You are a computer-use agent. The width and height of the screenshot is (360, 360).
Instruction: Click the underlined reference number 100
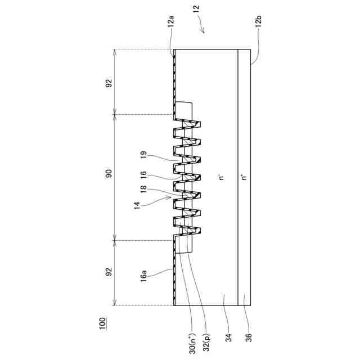click(103, 323)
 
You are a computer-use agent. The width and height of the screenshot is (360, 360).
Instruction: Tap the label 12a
click(171, 21)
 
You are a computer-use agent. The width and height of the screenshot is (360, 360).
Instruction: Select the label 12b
click(258, 21)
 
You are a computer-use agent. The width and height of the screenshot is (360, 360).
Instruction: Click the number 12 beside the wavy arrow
click(196, 9)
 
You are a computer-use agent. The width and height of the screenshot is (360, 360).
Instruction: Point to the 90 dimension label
click(109, 173)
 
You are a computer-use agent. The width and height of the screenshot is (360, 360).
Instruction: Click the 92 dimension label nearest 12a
click(109, 83)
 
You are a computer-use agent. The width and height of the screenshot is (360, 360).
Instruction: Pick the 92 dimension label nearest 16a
click(109, 272)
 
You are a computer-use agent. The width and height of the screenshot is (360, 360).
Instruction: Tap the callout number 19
click(144, 156)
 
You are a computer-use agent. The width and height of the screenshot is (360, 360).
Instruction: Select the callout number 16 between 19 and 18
click(144, 175)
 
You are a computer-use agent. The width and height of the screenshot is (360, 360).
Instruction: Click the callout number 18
click(144, 189)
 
